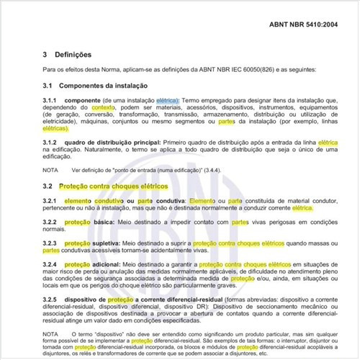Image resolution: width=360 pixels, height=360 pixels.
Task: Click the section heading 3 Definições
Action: pos(70,54)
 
